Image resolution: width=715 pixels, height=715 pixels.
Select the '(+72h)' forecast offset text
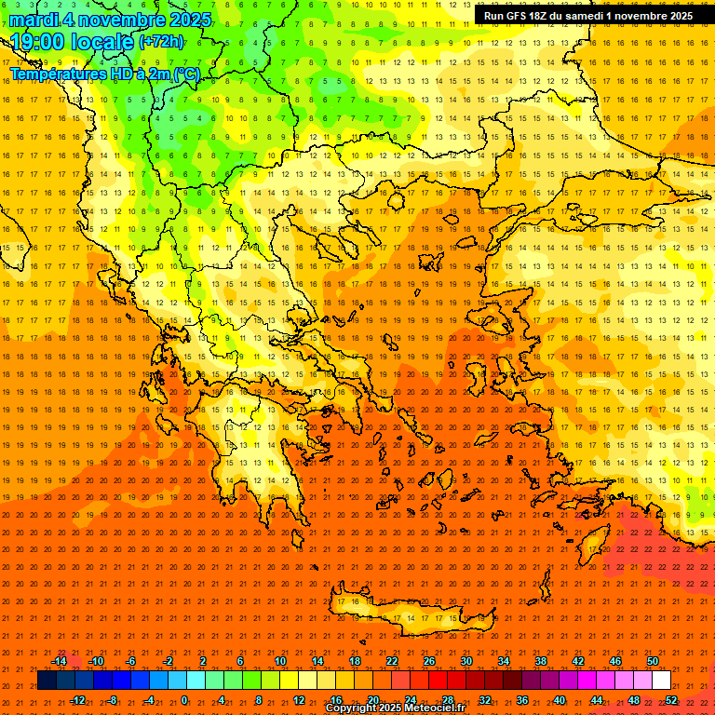[x=161, y=42]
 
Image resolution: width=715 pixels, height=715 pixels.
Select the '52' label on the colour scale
[x=671, y=700]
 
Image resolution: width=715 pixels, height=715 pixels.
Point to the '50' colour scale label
[x=653, y=661]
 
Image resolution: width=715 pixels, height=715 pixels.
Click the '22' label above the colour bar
[x=392, y=661]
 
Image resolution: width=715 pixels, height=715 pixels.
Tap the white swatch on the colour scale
[x=662, y=681]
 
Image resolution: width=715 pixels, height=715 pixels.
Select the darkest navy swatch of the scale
[x=47, y=681]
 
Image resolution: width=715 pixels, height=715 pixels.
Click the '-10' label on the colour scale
[x=95, y=661]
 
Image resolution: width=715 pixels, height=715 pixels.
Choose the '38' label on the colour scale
[x=541, y=661]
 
